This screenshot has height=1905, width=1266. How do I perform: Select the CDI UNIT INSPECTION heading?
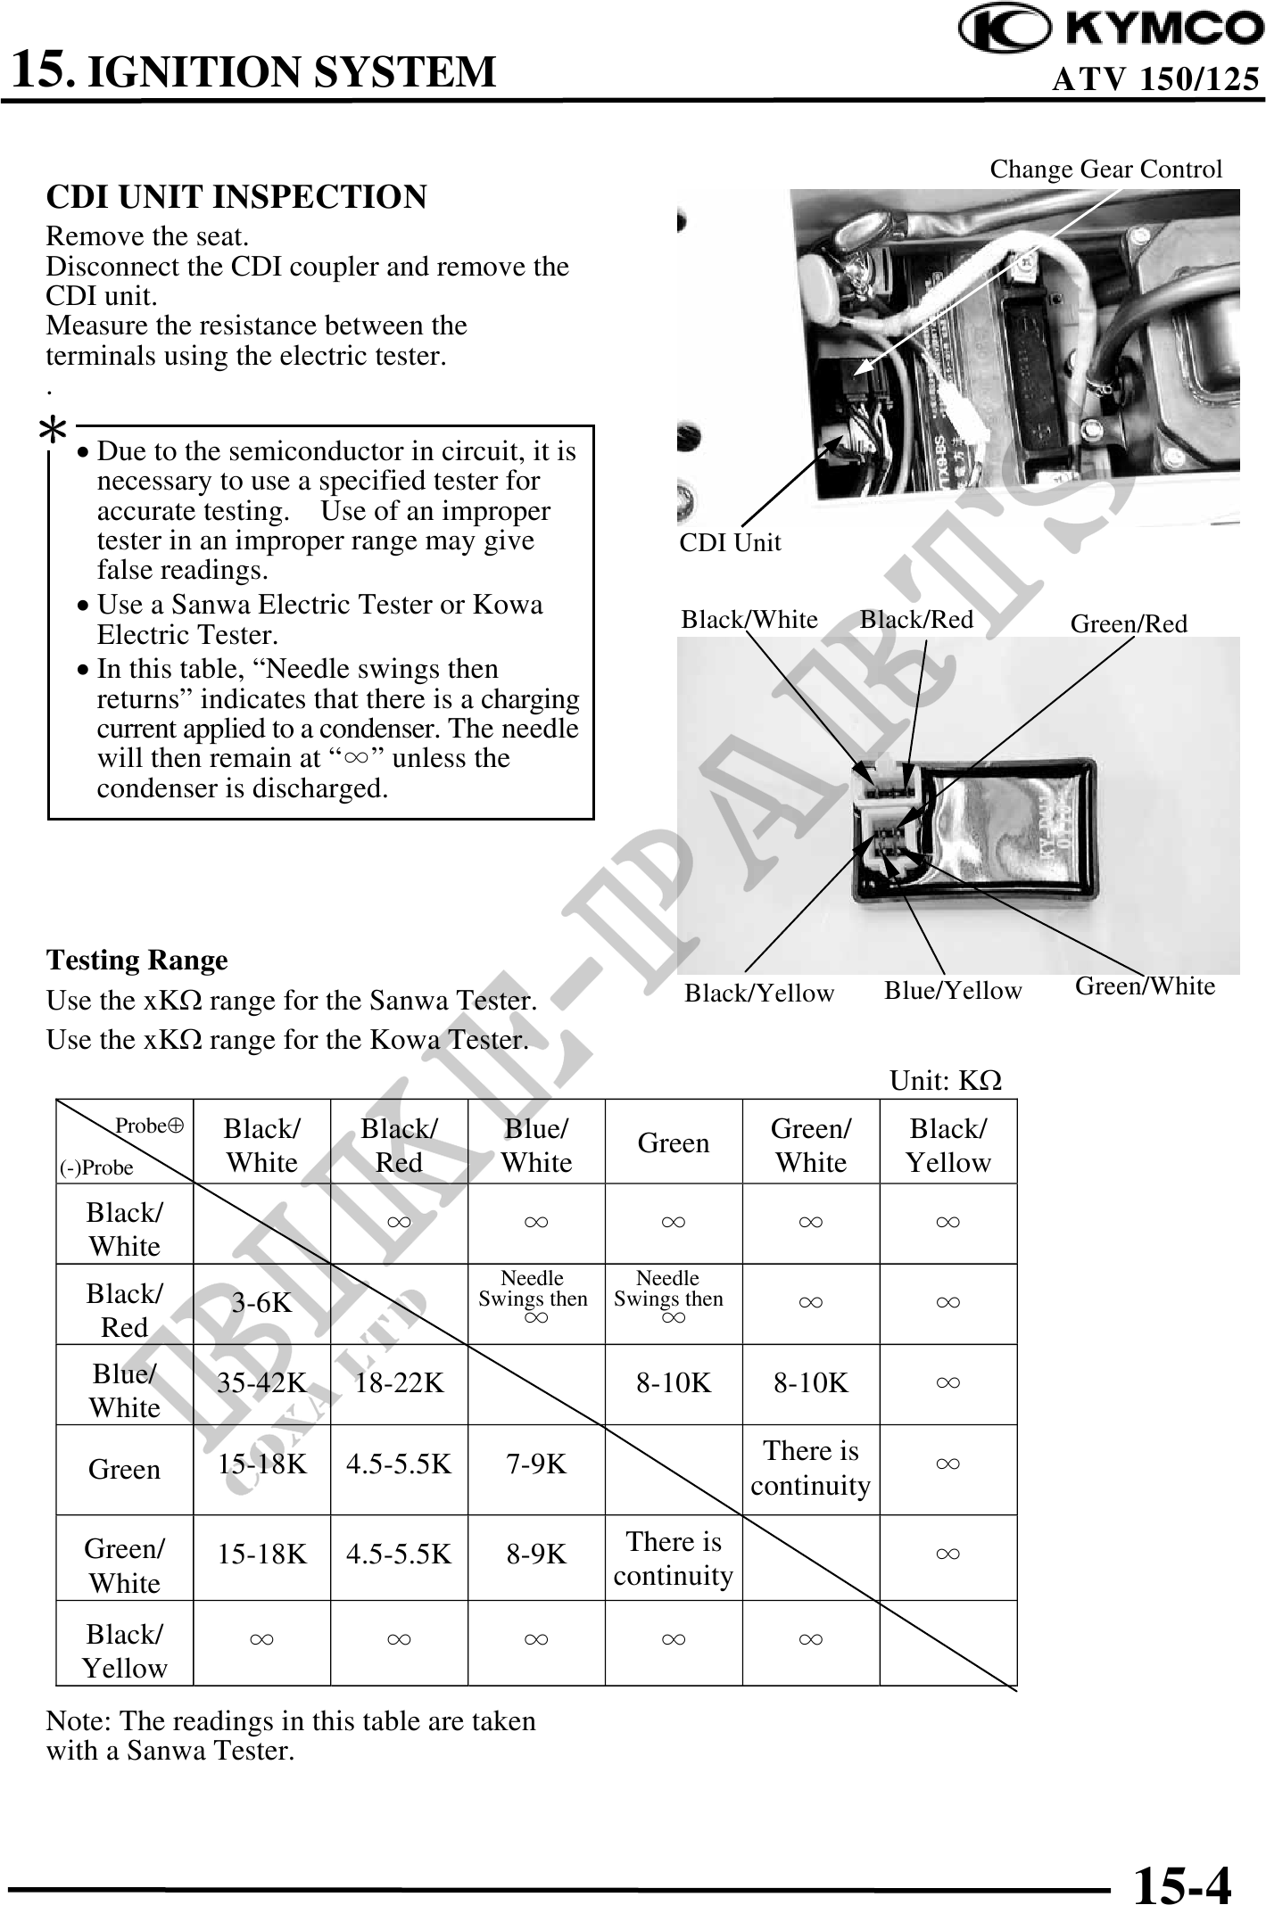coord(236,197)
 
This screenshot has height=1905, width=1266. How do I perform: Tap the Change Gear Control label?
coord(1105,169)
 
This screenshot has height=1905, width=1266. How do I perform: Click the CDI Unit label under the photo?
coord(730,542)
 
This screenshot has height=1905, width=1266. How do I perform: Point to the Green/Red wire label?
coord(1129,623)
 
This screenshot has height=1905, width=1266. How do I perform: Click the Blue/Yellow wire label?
coord(952,991)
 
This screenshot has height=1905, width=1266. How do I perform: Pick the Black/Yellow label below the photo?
coord(758,994)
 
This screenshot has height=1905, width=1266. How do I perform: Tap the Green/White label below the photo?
coord(1145,986)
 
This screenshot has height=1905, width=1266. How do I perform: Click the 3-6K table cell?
coord(261,1303)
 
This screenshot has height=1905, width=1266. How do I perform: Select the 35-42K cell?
coord(261,1383)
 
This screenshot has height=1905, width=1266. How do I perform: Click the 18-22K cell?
coord(399,1383)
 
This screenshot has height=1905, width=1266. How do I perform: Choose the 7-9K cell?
coord(536,1464)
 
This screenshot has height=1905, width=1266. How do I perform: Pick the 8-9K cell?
coord(536,1555)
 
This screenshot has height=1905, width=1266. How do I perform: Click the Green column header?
coord(674,1142)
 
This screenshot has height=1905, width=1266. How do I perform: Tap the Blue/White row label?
coord(124,1390)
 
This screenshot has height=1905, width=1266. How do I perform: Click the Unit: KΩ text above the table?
coord(945,1081)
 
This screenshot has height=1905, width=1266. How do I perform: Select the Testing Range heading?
coord(137,961)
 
